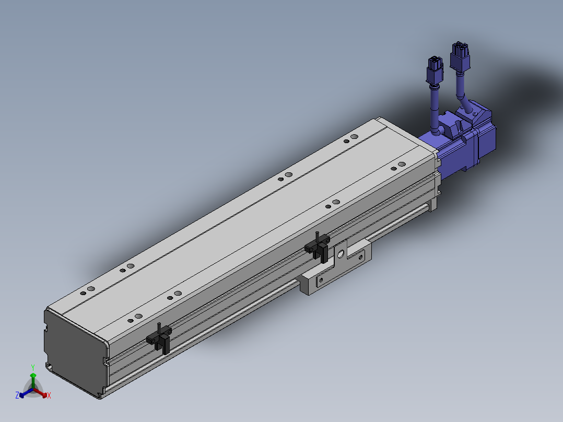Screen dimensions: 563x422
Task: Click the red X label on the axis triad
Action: (x=49, y=395)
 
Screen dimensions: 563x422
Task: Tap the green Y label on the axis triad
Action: (x=33, y=367)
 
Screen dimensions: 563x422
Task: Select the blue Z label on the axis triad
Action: (x=17, y=395)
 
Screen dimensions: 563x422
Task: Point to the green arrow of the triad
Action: (x=33, y=381)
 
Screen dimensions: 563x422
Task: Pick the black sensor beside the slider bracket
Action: (x=318, y=247)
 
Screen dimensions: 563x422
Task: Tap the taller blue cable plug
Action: (x=460, y=57)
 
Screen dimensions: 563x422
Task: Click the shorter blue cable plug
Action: (x=435, y=70)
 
